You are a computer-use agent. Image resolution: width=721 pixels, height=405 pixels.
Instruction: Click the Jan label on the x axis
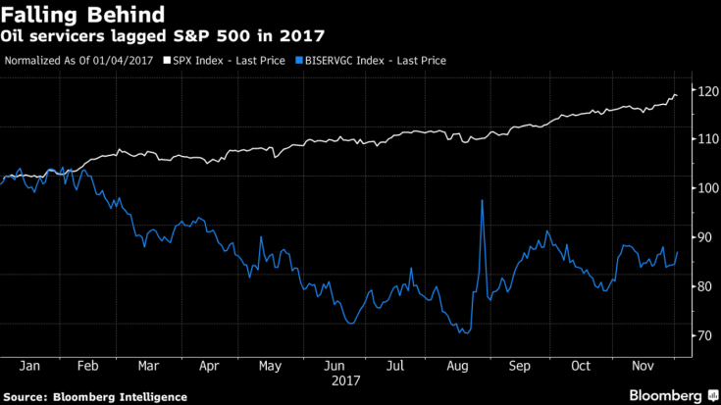click(x=28, y=366)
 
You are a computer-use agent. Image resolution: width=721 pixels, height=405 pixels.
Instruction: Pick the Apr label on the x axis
click(x=208, y=366)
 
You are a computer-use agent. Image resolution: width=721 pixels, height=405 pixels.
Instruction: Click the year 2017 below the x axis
click(x=347, y=380)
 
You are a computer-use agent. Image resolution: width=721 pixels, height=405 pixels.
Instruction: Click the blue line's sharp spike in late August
click(x=483, y=200)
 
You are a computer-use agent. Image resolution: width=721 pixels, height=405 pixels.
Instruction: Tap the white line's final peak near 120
click(x=674, y=94)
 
